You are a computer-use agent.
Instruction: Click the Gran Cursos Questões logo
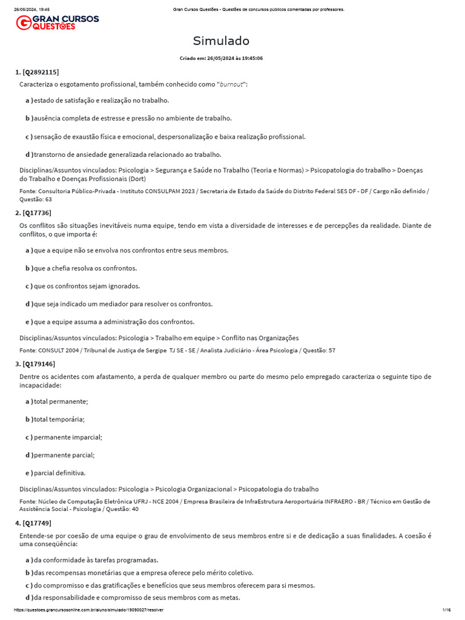pos(57,23)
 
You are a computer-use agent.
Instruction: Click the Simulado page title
pos(221,41)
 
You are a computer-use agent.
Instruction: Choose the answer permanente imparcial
pos(68,437)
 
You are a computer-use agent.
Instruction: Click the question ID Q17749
pos(36,523)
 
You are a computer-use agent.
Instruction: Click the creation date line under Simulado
pos(221,58)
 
